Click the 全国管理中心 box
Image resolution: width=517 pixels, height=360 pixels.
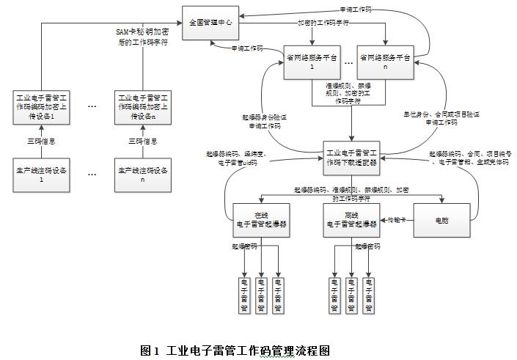[x=210, y=23]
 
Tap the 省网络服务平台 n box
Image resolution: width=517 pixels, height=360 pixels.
[x=385, y=61]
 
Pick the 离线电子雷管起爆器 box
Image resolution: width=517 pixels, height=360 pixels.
[x=351, y=219]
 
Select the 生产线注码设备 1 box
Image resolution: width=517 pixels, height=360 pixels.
[x=41, y=175]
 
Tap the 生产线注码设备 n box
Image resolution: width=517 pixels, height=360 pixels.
[x=143, y=175]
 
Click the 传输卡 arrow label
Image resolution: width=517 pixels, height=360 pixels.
[x=397, y=218]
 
